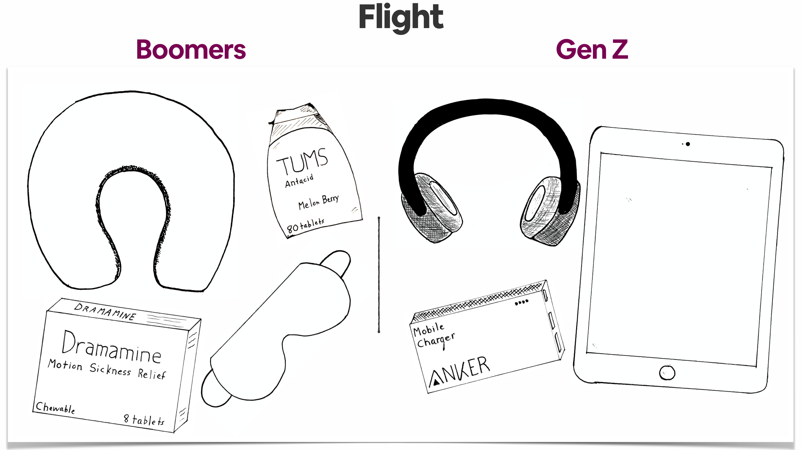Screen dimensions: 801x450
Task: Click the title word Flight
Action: tap(401, 18)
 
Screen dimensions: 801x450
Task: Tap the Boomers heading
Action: tap(191, 50)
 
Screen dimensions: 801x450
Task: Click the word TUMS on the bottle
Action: tap(302, 161)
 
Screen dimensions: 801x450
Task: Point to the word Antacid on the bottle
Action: tap(299, 181)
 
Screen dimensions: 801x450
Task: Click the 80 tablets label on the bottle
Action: tap(305, 226)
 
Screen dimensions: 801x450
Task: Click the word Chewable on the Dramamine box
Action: tap(55, 408)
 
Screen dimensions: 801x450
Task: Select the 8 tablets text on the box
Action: tap(144, 420)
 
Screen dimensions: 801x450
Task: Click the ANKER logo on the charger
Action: tap(459, 371)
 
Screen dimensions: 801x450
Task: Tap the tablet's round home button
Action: tap(667, 373)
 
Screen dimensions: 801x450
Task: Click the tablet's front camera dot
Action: tap(688, 144)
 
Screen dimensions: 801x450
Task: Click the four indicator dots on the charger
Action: tap(522, 302)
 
